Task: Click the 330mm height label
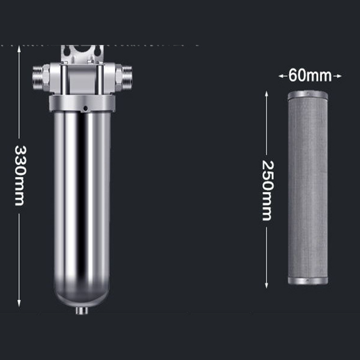point(19,175)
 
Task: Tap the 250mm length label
point(266,190)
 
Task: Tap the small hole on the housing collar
point(85,108)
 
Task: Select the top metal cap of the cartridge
point(308,95)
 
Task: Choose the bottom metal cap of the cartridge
point(308,280)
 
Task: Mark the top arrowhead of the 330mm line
point(19,49)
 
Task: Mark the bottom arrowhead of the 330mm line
point(19,305)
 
